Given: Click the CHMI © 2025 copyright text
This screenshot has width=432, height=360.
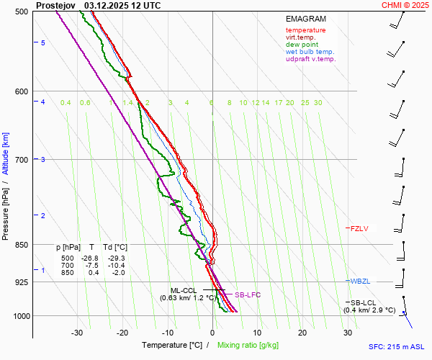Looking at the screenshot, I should pos(405,5).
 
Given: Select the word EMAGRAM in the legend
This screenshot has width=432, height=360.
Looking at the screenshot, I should pos(306,18).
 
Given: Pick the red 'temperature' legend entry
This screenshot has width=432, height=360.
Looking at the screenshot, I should pos(305,30).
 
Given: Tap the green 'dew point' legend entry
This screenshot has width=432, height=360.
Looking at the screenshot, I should pos(302,45).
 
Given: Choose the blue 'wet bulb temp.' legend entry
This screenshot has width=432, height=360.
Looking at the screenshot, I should pos(310,52).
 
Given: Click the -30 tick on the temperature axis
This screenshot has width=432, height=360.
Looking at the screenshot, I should pos(78,333).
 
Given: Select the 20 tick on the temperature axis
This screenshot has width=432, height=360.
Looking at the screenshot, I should pos(302,333).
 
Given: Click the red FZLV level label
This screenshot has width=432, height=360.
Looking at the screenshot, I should pos(359,229).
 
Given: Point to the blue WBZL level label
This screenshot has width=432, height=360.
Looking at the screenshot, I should pos(360,281).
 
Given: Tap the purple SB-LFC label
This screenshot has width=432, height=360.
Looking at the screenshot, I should pos(248,295).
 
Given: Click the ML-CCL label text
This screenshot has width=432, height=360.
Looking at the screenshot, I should pos(184,290).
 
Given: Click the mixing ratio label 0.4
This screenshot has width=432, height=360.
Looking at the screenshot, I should pos(66,103).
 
